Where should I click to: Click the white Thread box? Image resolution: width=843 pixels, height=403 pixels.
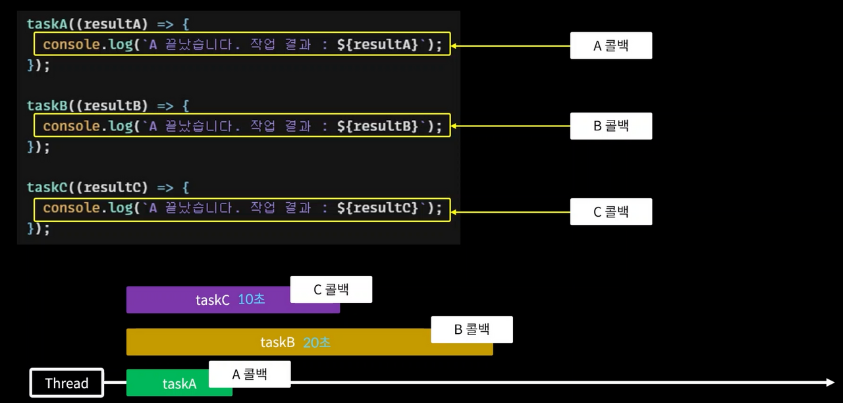point(67,383)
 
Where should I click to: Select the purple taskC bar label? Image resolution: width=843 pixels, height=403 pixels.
point(213,300)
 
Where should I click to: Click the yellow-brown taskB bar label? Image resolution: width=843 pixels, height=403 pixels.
point(277,342)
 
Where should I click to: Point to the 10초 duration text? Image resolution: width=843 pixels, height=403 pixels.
point(252,299)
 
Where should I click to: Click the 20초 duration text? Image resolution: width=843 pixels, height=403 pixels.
point(317,342)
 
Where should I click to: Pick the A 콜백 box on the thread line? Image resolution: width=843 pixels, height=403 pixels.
point(250,374)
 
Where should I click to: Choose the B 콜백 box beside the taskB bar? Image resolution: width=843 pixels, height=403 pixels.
point(472,329)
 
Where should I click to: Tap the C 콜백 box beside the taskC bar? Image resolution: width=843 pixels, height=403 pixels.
point(331,289)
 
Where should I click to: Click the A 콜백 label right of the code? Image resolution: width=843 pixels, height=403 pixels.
point(611,45)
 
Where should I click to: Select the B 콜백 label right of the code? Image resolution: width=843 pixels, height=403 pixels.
point(611,126)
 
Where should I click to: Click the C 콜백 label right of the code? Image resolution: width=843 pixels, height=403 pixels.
point(611,211)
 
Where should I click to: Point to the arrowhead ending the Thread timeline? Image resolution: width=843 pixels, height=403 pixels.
point(829,382)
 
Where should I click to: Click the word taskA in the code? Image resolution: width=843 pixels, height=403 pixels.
point(47,24)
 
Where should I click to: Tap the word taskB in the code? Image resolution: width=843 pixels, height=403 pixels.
point(47,105)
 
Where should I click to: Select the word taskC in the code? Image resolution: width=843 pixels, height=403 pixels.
point(47,187)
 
